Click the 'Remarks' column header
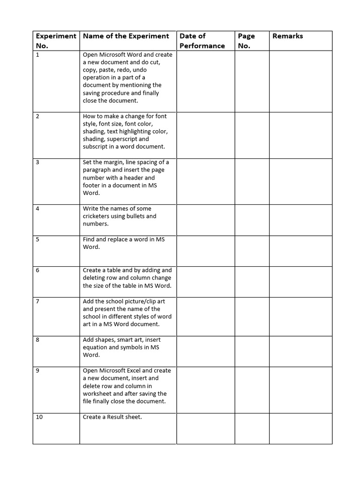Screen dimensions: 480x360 pyautogui.click(x=287, y=36)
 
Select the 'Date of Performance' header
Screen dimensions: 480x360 pyautogui.click(x=202, y=41)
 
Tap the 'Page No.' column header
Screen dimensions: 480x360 pyautogui.click(x=247, y=41)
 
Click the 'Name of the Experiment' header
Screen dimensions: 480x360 pyautogui.click(x=126, y=36)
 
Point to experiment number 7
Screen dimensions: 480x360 pyautogui.click(x=37, y=301)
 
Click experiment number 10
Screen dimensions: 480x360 pyautogui.click(x=39, y=417)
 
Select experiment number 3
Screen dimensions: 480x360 pyautogui.click(x=37, y=162)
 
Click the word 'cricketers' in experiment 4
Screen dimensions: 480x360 pyautogui.click(x=98, y=216)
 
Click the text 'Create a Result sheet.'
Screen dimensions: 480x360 pyautogui.click(x=112, y=417)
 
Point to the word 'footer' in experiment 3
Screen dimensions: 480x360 pyautogui.click(x=92, y=185)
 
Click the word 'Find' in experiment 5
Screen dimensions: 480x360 pyautogui.click(x=89, y=240)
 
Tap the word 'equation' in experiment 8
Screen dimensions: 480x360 pyautogui.click(x=97, y=347)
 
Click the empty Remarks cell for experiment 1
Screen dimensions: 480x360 pyautogui.click(x=300, y=81)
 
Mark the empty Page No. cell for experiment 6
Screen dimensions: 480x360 pyautogui.click(x=252, y=282)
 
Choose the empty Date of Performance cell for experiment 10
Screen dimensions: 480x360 pyautogui.click(x=205, y=428)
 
